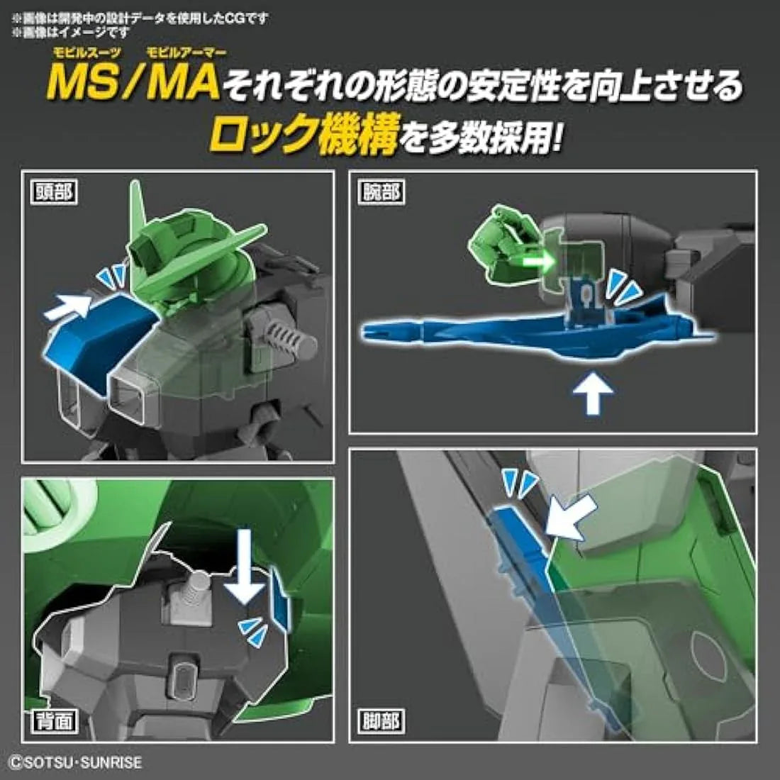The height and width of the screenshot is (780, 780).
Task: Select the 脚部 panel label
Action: point(381,720)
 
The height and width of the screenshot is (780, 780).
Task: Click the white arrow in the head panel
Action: point(69,307)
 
